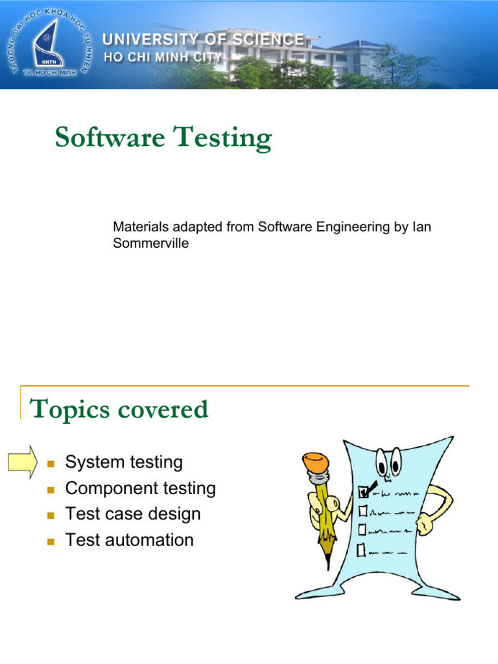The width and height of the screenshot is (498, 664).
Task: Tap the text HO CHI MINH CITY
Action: click(x=164, y=57)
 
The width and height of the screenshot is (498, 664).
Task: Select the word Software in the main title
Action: click(x=103, y=137)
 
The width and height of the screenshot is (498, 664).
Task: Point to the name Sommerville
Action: click(x=151, y=244)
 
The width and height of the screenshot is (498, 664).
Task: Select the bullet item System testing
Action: click(x=124, y=462)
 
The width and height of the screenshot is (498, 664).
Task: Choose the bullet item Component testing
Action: click(x=141, y=488)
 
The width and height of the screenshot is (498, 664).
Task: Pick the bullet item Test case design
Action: click(x=133, y=514)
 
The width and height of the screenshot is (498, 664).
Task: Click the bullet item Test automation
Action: click(x=129, y=540)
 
